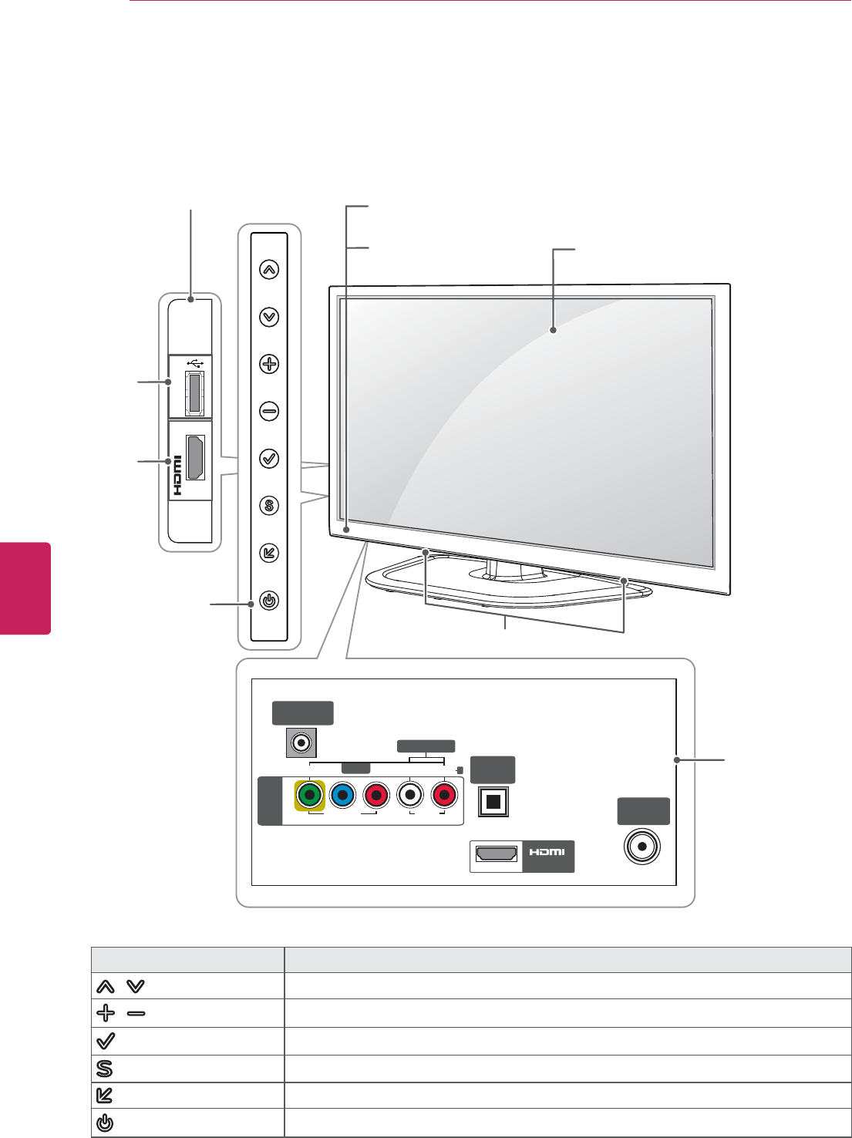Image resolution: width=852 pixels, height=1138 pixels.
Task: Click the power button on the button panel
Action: tap(268, 601)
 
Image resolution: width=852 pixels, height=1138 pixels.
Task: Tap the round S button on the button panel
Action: tap(268, 506)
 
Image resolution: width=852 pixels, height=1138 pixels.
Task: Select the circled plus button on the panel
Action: tap(268, 364)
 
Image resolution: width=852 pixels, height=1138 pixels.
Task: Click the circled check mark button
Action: tap(268, 459)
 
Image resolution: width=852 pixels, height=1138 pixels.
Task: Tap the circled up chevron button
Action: tap(268, 270)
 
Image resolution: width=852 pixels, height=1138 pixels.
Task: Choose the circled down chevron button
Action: tap(268, 317)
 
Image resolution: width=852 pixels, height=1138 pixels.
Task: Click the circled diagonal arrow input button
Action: tap(268, 553)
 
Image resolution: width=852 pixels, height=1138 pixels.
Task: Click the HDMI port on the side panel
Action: tap(196, 457)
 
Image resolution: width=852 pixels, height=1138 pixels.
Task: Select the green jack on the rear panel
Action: tap(310, 795)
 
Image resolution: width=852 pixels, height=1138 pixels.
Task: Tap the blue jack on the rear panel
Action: tap(342, 795)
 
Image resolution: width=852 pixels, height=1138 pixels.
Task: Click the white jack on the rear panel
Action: tap(411, 795)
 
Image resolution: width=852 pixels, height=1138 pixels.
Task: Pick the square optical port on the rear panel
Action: tap(494, 802)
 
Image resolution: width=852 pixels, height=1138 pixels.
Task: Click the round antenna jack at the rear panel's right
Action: tap(642, 847)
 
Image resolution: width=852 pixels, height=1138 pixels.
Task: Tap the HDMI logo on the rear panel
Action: tap(547, 852)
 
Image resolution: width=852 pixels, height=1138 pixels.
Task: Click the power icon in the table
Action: tap(105, 1123)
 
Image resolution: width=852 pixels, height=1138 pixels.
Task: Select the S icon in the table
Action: tap(105, 1069)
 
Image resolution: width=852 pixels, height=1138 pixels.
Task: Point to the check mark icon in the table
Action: tap(105, 1041)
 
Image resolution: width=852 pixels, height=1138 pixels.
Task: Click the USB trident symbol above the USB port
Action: tap(195, 362)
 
